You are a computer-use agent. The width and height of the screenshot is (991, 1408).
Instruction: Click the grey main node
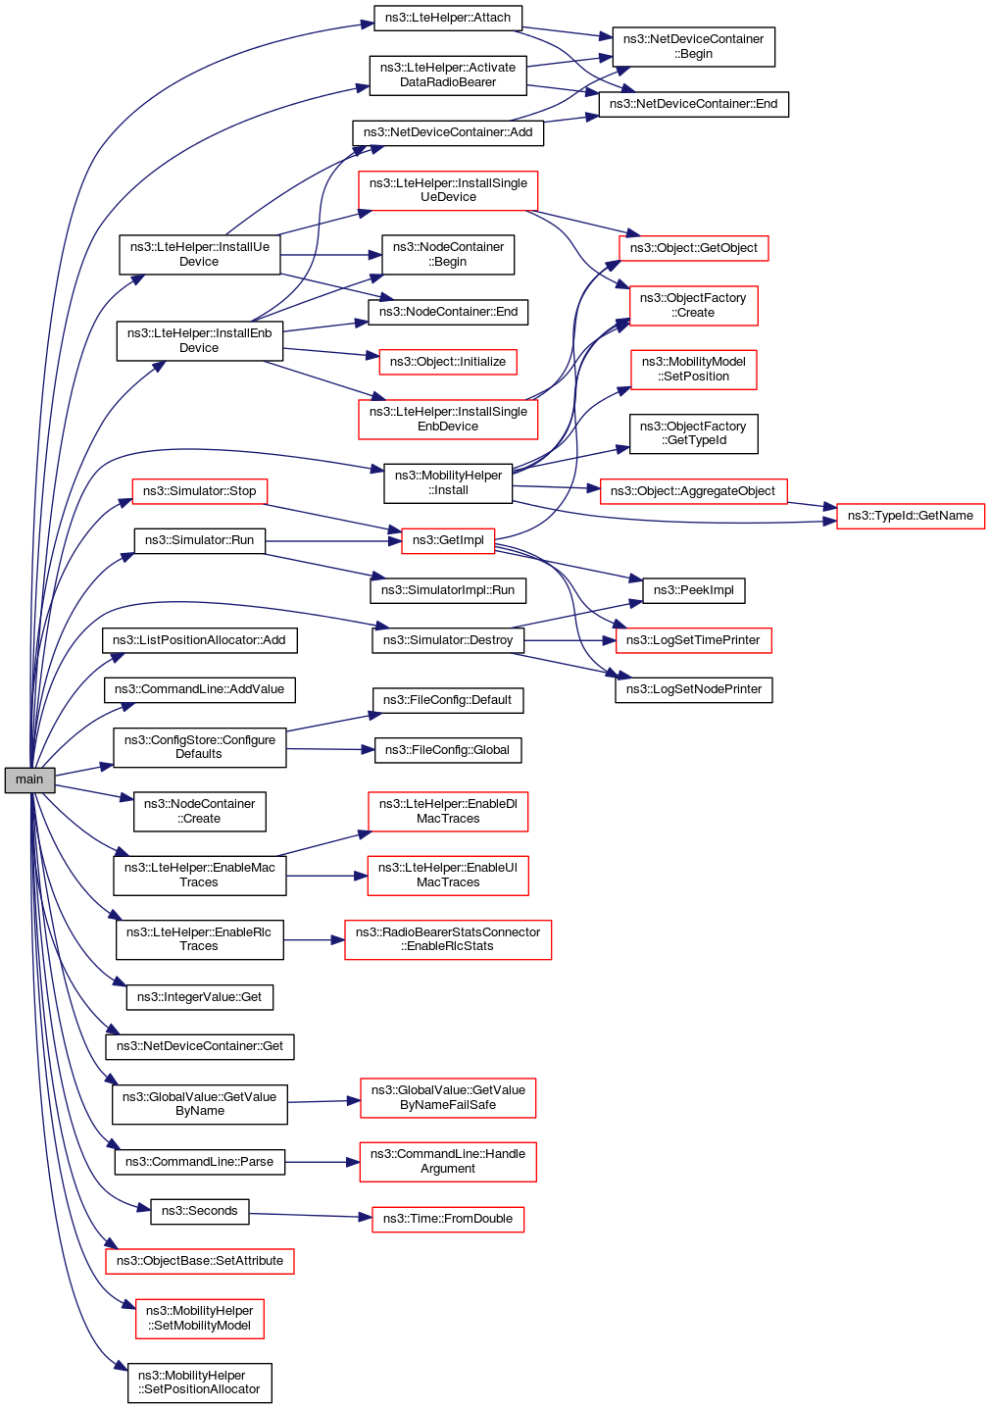click(29, 779)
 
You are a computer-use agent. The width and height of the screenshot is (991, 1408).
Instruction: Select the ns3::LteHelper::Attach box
click(448, 18)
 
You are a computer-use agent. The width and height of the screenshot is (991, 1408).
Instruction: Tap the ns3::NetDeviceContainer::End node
click(693, 104)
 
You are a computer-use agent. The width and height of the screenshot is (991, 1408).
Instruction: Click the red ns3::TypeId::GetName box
click(910, 516)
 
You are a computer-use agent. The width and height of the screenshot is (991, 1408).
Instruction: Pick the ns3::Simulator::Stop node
click(199, 491)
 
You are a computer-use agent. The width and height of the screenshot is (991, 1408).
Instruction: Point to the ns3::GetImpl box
click(448, 540)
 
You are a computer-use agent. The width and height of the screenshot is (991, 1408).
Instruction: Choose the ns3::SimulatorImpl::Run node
click(448, 590)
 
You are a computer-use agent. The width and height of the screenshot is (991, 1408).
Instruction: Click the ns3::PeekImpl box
click(693, 590)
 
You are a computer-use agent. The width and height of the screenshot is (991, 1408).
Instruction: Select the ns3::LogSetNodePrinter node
click(693, 689)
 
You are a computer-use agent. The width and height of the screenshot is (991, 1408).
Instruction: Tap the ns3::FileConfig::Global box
click(447, 750)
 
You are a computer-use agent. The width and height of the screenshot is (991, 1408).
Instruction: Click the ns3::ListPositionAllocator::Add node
click(199, 640)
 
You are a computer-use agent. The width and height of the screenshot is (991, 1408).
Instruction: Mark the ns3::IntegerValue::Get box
click(199, 997)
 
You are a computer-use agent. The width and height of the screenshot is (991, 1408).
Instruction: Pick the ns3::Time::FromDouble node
click(448, 1219)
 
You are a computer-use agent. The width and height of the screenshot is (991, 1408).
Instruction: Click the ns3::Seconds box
click(199, 1211)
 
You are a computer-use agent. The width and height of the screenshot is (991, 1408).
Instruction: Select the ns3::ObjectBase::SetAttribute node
click(199, 1261)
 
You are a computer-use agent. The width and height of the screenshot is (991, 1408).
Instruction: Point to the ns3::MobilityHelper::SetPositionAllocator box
click(199, 1383)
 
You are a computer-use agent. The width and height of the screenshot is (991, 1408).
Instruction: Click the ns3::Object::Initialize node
click(448, 362)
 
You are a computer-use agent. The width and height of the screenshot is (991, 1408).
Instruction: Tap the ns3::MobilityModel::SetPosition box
click(693, 369)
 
